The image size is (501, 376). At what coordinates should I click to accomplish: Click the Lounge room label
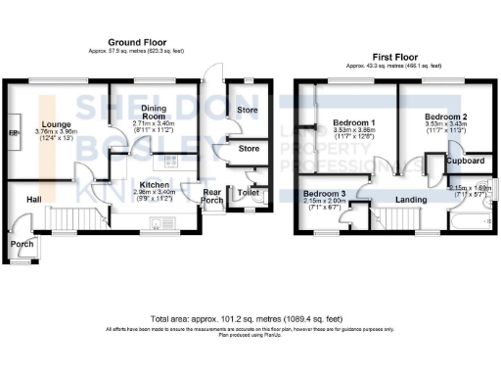(55, 122)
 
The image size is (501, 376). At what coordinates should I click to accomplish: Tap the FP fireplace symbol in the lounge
(13, 133)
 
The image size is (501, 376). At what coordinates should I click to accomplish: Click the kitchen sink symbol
(160, 224)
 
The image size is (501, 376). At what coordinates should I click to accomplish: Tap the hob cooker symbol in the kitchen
(169, 162)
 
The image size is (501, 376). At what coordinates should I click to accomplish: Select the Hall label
(33, 200)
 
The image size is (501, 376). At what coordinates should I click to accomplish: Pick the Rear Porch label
(212, 196)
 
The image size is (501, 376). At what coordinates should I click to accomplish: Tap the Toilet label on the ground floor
(248, 194)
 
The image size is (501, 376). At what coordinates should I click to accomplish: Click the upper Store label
(248, 110)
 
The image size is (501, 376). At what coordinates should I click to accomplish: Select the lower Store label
(248, 150)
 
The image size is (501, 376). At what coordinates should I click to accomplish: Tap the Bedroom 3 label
(323, 193)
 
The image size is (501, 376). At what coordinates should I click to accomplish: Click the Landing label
(410, 200)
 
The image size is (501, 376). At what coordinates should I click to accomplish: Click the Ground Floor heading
(135, 43)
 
